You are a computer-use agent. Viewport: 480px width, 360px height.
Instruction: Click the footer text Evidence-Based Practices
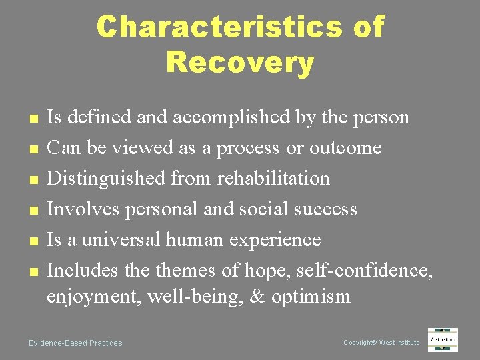(75, 343)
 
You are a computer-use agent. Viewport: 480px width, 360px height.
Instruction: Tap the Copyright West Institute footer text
(381, 343)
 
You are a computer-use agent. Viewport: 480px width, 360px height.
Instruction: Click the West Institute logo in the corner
(443, 339)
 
